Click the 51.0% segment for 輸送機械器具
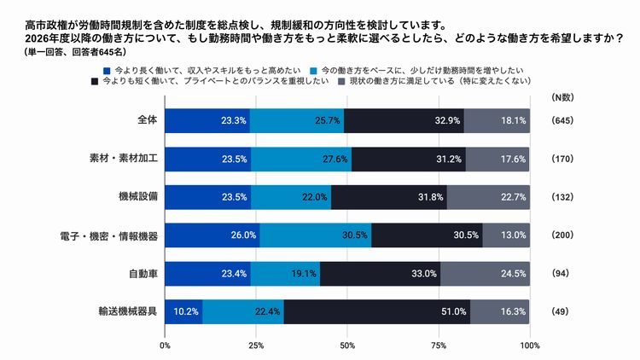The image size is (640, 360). (x=376, y=311)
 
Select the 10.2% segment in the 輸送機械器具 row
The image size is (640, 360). (x=183, y=311)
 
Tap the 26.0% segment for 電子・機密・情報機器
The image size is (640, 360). (x=212, y=235)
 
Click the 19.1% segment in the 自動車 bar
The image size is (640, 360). (x=285, y=273)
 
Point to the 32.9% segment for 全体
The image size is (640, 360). (x=404, y=120)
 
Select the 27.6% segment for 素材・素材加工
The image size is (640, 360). (x=300, y=158)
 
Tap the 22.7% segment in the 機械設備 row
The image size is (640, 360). (x=488, y=196)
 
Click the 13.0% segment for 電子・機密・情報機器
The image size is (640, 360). (x=506, y=235)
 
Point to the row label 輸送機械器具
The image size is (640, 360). (x=128, y=311)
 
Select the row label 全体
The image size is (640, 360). (x=147, y=120)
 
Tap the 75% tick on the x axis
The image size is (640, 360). (x=439, y=345)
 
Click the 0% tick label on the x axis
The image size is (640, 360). (x=165, y=345)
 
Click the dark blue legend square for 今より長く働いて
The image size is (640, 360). (x=106, y=69)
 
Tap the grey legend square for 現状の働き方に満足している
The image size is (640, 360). (x=341, y=82)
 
